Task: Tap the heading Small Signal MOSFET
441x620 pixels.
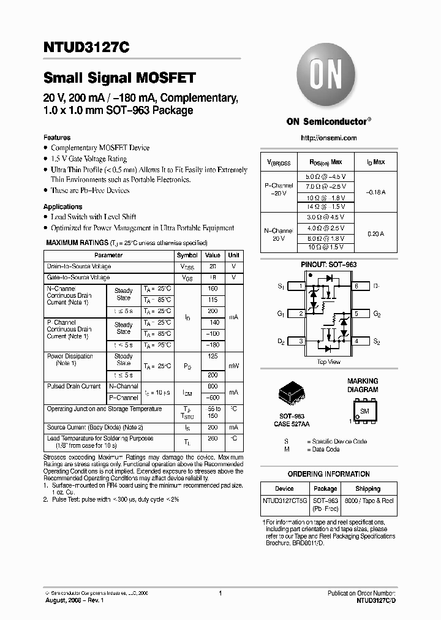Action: [119, 78]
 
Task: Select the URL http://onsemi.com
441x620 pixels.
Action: [330, 138]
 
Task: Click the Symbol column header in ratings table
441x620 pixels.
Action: [187, 255]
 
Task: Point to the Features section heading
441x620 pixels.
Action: [57, 137]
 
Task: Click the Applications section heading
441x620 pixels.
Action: [62, 206]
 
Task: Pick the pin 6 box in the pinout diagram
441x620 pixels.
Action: [357, 286]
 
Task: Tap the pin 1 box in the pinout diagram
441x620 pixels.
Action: [301, 286]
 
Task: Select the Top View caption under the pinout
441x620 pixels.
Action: [329, 362]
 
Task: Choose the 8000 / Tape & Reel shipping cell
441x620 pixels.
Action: [367, 501]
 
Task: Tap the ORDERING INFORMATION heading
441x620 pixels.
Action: [328, 474]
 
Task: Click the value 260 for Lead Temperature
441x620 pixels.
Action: [212, 439]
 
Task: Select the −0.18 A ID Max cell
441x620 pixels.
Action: [375, 192]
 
